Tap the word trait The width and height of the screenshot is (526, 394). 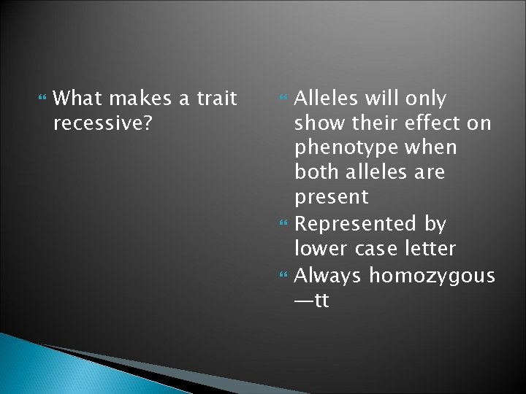(x=216, y=98)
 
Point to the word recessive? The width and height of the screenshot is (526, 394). (x=103, y=123)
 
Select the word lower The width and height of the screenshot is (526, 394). (x=318, y=248)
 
